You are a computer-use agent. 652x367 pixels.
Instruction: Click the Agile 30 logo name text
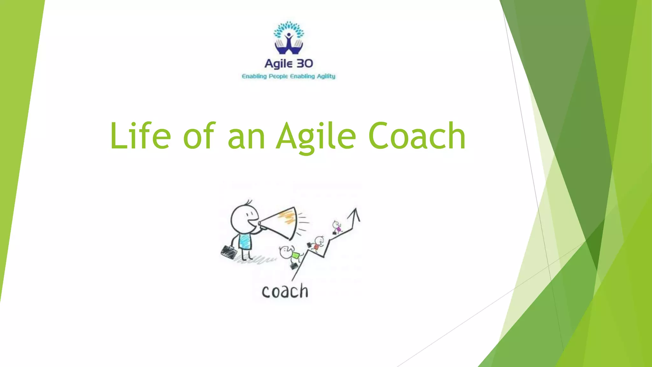click(x=289, y=64)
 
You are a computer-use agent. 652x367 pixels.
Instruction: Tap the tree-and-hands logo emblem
click(x=289, y=38)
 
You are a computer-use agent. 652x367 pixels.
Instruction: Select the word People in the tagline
click(x=278, y=76)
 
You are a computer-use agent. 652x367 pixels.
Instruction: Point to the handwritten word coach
click(x=285, y=291)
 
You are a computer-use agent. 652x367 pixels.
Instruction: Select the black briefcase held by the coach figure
click(x=229, y=252)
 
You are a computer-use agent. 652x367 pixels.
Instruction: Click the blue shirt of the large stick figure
click(x=245, y=241)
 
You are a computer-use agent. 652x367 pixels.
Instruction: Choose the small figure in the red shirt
click(x=317, y=244)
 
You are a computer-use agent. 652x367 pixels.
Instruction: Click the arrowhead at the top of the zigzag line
click(x=355, y=214)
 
